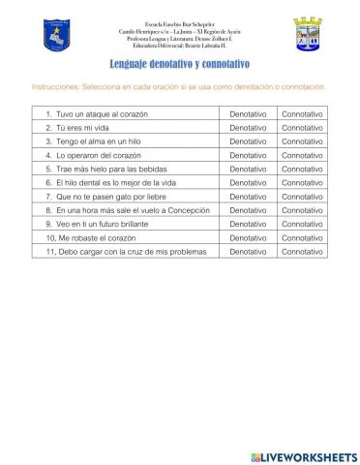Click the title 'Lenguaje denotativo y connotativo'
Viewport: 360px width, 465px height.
180,65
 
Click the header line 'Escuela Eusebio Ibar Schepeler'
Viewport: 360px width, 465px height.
181,21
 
